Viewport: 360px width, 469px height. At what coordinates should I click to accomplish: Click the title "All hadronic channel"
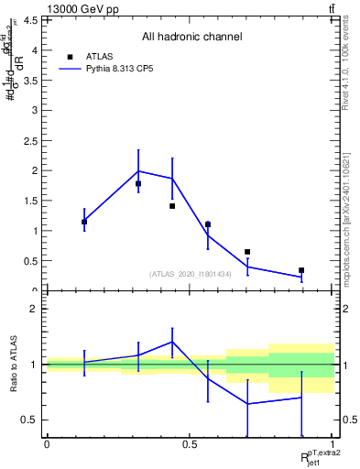point(191,38)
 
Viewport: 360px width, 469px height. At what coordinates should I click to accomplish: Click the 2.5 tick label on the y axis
point(31,141)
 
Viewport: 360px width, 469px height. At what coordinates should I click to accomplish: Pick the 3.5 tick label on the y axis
point(31,81)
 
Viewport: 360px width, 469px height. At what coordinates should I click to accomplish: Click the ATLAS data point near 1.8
point(138,183)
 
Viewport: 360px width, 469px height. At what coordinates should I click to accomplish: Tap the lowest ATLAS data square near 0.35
point(301,270)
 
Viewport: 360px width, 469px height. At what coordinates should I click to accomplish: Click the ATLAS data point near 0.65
point(247,252)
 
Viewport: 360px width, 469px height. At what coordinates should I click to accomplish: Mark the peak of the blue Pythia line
point(138,171)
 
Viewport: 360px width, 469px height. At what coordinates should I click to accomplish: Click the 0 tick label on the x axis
point(47,444)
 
